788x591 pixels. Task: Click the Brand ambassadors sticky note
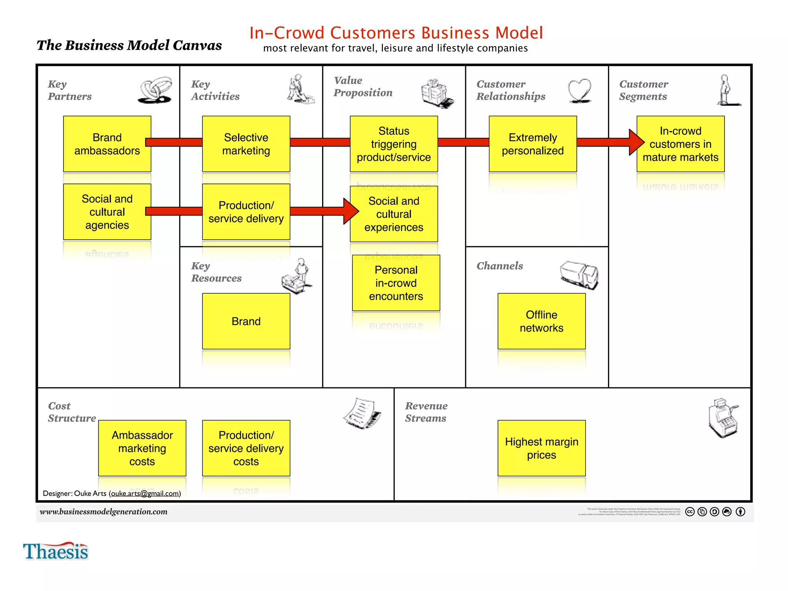[107, 144]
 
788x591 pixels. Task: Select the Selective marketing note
[246, 144]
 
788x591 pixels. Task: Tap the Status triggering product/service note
[394, 144]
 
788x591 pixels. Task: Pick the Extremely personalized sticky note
[533, 144]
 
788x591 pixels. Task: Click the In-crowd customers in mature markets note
[680, 144]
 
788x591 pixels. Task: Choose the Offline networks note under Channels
[541, 321]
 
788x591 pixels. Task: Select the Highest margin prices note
[541, 448]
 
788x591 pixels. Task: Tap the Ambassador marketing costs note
[142, 448]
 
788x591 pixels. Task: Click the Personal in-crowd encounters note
[396, 283]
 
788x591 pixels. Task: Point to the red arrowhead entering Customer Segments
[636, 142]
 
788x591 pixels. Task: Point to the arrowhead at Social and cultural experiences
[350, 211]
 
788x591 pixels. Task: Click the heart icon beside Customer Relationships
[579, 90]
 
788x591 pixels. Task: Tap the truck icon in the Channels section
[579, 274]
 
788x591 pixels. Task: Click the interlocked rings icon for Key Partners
[155, 90]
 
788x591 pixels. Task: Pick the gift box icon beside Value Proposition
[437, 93]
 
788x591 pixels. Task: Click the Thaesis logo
[56, 551]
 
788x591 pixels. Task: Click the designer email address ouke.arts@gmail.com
[145, 494]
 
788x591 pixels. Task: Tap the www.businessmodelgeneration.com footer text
[104, 512]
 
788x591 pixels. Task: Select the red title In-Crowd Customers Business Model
[396, 33]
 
